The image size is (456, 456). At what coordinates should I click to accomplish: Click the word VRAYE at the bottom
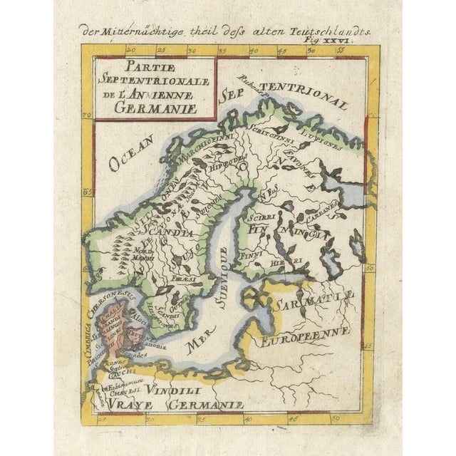coord(134,405)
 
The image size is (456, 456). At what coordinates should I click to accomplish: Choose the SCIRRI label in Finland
coord(265,213)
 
